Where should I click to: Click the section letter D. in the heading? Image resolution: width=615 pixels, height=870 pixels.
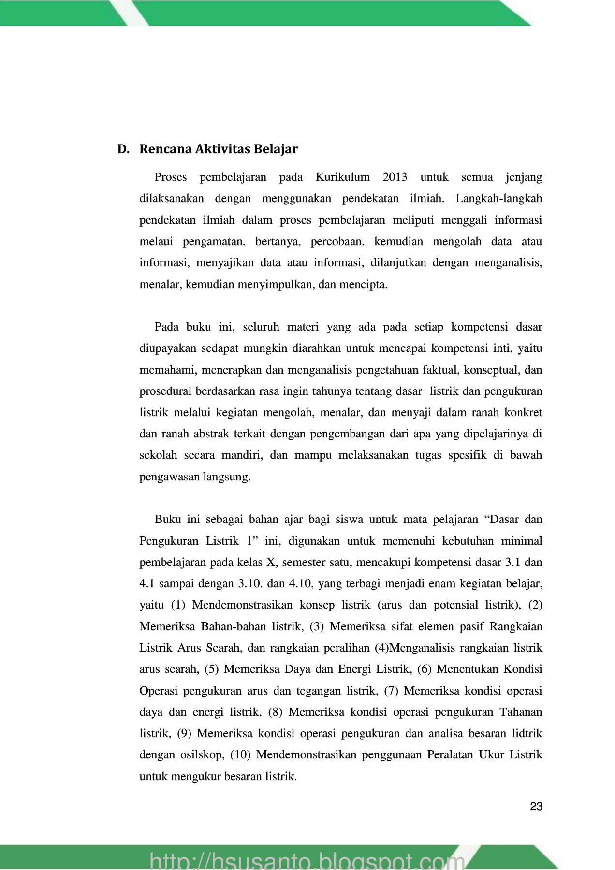pos(123,149)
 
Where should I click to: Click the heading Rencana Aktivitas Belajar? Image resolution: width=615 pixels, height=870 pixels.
pos(219,149)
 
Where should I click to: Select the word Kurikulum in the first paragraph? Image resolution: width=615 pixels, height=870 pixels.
pos(342,177)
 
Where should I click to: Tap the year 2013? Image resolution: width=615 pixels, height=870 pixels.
pos(395,177)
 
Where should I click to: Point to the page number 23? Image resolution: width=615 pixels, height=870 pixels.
pos(536,806)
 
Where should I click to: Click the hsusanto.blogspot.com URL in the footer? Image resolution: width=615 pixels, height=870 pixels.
pos(307,861)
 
